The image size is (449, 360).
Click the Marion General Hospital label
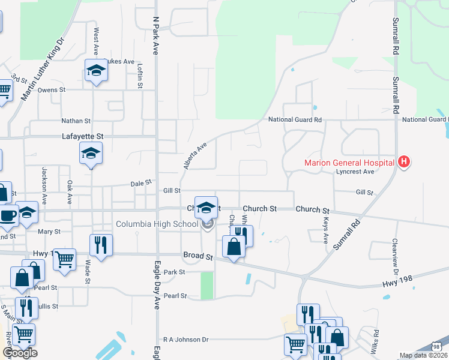(x=349, y=162)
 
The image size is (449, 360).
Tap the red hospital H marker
(x=405, y=162)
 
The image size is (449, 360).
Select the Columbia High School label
(x=157, y=224)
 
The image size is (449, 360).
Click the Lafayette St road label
(x=83, y=137)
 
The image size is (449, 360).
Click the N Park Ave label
(x=155, y=36)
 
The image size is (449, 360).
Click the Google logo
(x=20, y=353)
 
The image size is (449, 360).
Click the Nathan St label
(x=76, y=121)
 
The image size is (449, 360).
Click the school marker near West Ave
(x=95, y=71)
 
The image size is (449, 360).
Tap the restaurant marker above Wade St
(x=100, y=244)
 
